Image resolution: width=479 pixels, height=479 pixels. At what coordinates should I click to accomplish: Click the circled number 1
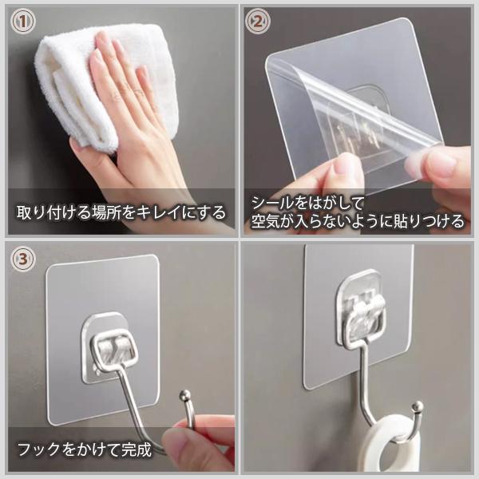(23, 21)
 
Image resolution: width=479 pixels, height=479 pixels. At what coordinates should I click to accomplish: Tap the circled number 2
(258, 22)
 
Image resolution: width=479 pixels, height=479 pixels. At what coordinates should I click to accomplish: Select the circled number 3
(23, 259)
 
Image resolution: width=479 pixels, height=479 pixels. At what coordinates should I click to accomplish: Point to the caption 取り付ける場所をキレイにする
(121, 212)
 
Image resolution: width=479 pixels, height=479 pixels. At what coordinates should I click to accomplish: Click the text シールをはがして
(307, 203)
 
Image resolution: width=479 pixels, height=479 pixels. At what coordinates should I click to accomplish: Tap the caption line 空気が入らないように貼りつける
(358, 220)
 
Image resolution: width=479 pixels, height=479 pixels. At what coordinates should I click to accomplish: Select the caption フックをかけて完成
(85, 449)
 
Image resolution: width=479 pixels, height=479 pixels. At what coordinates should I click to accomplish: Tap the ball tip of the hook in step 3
(185, 394)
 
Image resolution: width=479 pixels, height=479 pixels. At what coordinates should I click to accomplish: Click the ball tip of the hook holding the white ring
(418, 407)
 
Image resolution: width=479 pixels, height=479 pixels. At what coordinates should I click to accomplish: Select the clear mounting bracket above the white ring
(360, 309)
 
